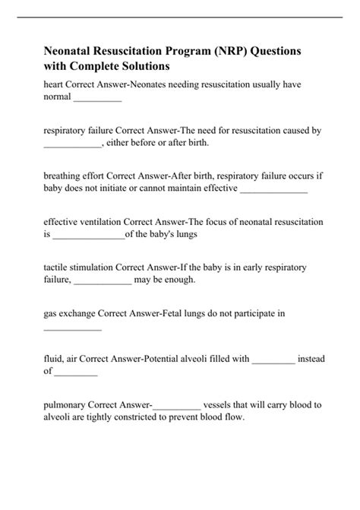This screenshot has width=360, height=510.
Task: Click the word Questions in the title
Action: pyautogui.click(x=281, y=50)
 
